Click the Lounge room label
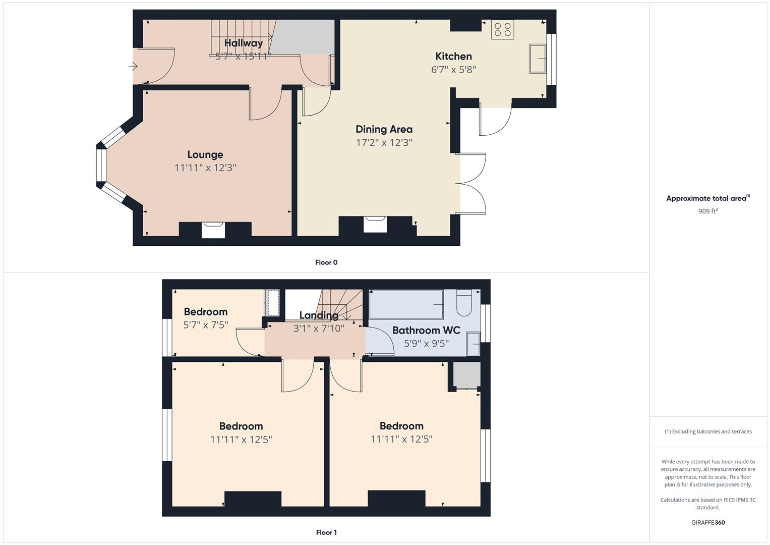205,155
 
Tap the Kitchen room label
453,57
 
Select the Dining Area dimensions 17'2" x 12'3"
384,143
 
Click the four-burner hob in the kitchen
502,30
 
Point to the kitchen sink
537,59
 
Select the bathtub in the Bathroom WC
406,304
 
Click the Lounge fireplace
213,229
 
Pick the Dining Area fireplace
375,224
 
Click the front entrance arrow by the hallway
133,66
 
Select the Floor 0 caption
326,262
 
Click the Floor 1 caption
326,532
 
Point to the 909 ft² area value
707,211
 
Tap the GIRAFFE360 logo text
707,523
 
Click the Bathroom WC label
426,331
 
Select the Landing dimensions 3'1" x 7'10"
318,329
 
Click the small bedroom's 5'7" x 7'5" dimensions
205,325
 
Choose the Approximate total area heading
707,198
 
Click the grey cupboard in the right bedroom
466,374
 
